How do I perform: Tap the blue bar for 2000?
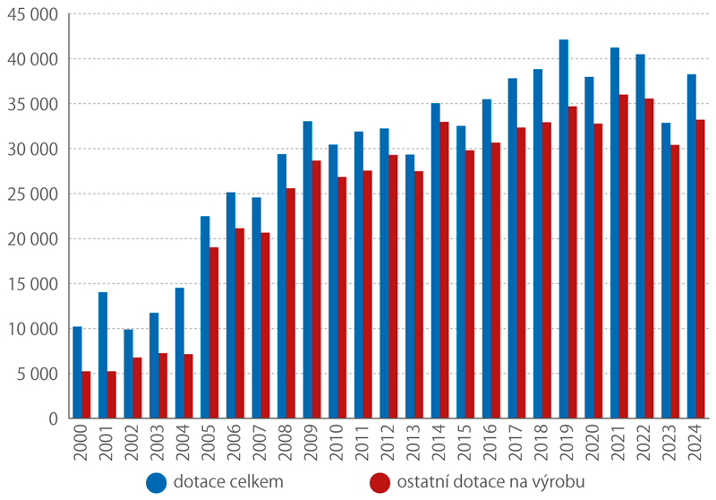(77, 372)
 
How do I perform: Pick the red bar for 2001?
(112, 394)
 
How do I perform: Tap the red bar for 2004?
(189, 386)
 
